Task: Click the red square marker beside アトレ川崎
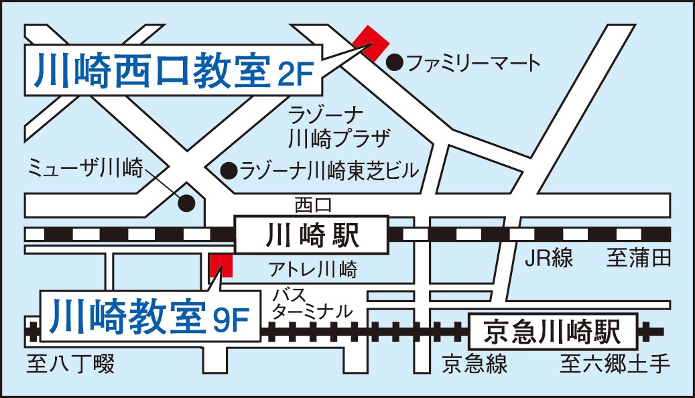point(221,265)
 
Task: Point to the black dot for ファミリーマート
point(396,64)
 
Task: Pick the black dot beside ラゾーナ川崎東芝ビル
point(229,170)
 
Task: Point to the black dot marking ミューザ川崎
point(187,202)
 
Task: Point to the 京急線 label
point(475,364)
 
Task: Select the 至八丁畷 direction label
point(70,364)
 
